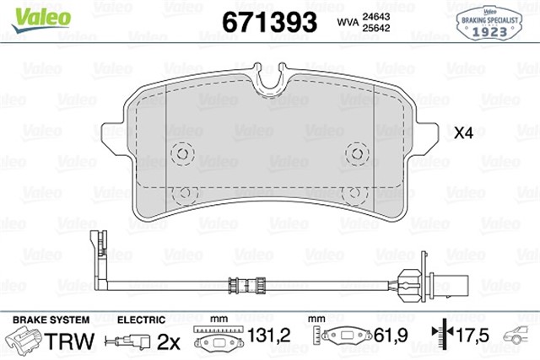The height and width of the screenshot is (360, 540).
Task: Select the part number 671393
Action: coord(269,21)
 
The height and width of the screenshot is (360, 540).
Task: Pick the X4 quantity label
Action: coord(463,134)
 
